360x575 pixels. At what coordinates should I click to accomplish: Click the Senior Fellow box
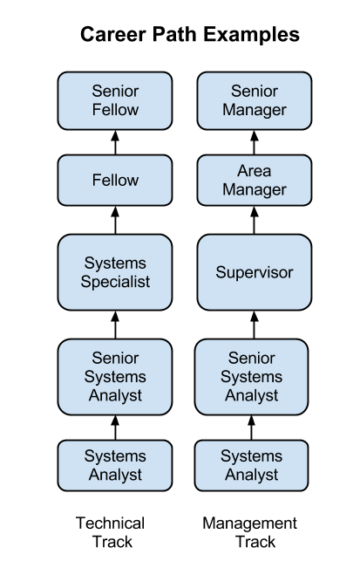point(115,101)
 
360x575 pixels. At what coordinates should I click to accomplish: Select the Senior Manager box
point(255,101)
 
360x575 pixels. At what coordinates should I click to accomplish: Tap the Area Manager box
point(255,180)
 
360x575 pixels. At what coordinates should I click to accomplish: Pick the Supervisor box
point(255,272)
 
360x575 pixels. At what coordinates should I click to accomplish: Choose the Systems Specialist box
point(115,272)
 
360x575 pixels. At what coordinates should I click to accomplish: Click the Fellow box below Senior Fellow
point(115,180)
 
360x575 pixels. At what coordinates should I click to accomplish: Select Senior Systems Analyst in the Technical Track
point(115,377)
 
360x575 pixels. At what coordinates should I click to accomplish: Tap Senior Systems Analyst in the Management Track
point(251,377)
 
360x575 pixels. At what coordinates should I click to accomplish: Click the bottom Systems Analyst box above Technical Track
point(115,465)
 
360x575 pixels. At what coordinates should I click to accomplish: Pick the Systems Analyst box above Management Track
point(251,465)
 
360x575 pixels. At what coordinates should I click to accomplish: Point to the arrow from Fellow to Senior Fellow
point(115,142)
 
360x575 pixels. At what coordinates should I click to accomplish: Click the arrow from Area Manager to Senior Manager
point(255,142)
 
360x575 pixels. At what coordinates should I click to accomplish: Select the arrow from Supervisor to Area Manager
point(255,220)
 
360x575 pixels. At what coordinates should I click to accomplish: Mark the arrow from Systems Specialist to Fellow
point(115,220)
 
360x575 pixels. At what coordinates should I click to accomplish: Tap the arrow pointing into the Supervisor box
point(255,325)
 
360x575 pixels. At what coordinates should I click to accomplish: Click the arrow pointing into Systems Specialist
point(115,325)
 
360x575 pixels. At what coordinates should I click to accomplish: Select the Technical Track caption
point(110,532)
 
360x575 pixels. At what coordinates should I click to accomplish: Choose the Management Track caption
point(250,532)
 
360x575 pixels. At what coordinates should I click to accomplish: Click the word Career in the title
point(112,34)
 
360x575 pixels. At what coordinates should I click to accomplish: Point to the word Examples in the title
point(252,35)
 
